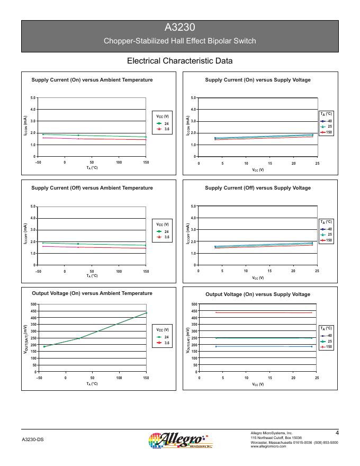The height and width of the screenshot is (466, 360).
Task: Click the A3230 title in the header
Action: click(180, 29)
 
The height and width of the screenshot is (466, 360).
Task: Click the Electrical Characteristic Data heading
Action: click(180, 61)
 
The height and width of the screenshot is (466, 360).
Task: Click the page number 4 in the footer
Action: click(337, 433)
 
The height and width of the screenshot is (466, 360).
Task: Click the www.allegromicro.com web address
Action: click(268, 446)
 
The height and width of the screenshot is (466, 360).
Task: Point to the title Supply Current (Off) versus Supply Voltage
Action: click(258, 188)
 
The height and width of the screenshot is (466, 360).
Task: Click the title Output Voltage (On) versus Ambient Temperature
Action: click(92, 293)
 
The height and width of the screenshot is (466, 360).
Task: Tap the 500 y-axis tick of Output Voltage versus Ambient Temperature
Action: click(33, 304)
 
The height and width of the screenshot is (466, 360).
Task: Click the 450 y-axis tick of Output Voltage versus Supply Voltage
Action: click(194, 311)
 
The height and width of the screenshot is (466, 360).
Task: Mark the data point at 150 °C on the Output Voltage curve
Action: click(146, 313)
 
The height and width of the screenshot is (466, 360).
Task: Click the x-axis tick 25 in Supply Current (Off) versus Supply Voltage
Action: click(317, 271)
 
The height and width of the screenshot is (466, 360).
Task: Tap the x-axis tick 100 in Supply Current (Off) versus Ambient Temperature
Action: click(119, 271)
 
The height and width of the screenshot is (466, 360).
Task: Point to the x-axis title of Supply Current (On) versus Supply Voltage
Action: click(258, 169)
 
